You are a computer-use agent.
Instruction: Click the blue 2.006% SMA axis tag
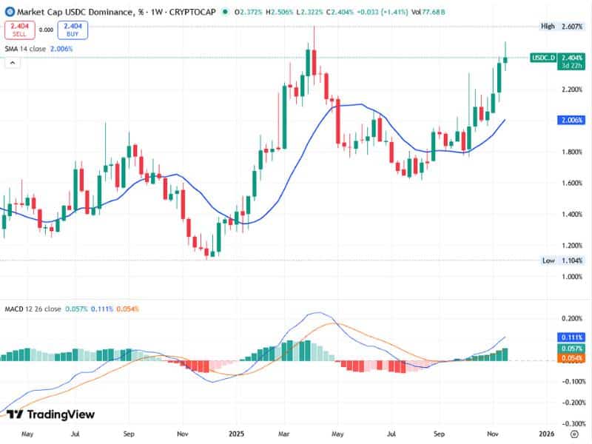573,120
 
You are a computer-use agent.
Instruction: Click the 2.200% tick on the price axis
572,90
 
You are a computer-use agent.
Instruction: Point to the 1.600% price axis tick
572,183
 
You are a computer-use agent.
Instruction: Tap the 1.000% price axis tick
572,276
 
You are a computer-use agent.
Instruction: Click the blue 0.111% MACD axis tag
573,337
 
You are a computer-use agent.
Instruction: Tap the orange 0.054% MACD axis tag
573,358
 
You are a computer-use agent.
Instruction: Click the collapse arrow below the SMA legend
13,64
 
